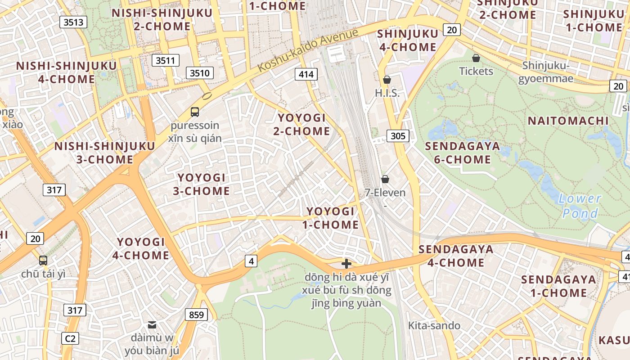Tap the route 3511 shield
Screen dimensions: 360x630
[165, 60]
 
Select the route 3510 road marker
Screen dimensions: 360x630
[199, 73]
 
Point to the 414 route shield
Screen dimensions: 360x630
[306, 74]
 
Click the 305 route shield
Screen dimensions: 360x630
[398, 136]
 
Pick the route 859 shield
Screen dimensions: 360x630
[196, 315]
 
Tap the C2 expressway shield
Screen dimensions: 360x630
[71, 338]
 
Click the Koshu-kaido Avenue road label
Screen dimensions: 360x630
[308, 50]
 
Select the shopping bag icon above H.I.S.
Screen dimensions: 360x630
[387, 80]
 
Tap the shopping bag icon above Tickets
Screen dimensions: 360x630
[476, 58]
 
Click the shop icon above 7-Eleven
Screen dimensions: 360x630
[385, 179]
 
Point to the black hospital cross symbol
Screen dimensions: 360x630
[346, 264]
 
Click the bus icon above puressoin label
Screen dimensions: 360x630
[195, 112]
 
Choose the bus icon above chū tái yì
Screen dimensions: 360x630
[43, 260]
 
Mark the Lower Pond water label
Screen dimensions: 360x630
[580, 206]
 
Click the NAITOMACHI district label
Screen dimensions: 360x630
[568, 121]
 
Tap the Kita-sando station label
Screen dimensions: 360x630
[434, 326]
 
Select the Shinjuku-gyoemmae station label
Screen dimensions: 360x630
[546, 72]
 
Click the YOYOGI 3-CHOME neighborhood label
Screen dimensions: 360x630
[202, 184]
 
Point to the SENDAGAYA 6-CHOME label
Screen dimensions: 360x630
[462, 153]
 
